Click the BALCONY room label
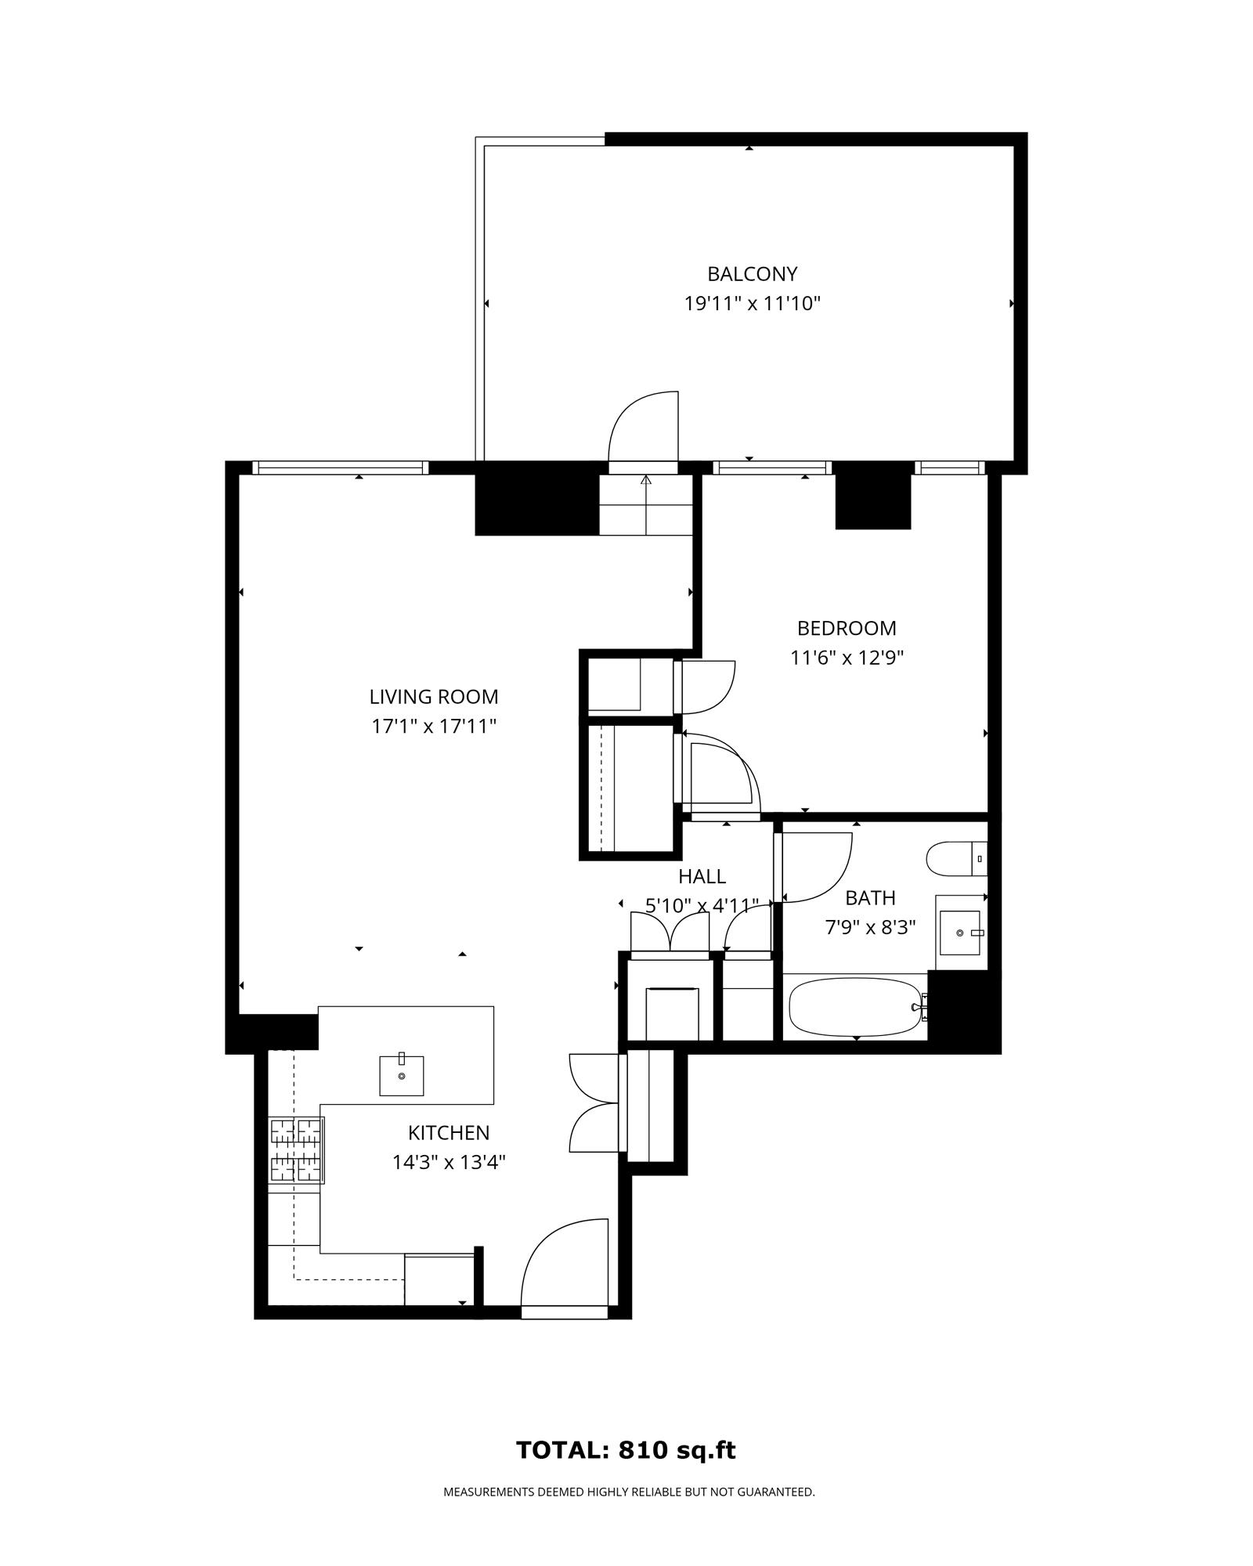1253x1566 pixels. click(752, 274)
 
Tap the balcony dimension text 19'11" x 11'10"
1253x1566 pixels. click(752, 304)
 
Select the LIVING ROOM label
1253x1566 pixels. click(434, 697)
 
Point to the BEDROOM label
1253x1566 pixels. click(847, 628)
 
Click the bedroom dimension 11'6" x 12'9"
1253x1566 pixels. click(847, 658)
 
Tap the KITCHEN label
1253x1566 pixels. click(449, 1133)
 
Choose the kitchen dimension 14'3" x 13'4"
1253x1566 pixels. click(449, 1163)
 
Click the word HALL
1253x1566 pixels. click(702, 876)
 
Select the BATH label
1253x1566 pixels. click(870, 898)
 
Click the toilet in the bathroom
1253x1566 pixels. click(956, 859)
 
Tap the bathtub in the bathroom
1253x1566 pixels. click(856, 1008)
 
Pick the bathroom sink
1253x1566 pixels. click(960, 933)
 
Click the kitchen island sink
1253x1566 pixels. click(402, 1075)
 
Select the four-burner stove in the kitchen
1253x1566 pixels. click(297, 1149)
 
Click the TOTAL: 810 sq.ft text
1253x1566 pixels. click(626, 1450)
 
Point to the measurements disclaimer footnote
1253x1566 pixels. click(629, 1492)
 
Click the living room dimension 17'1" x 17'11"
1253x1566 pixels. click(434, 727)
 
